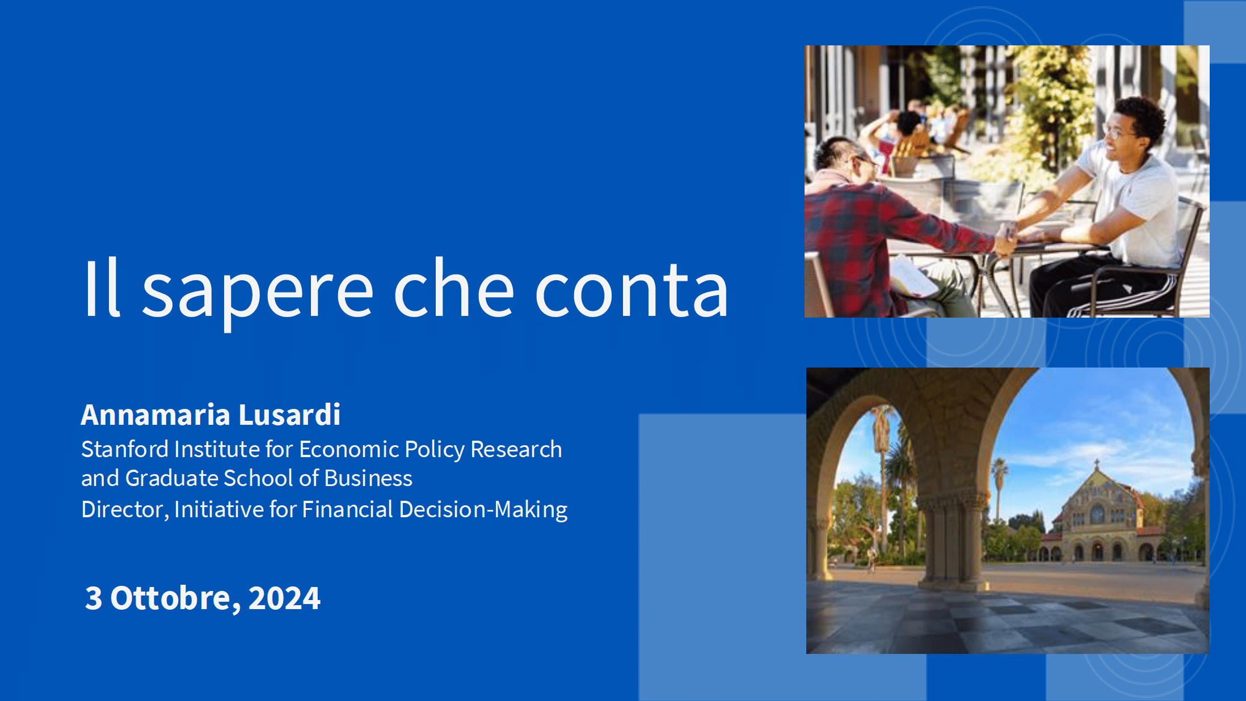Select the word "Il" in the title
click(102, 287)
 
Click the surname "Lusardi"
click(289, 415)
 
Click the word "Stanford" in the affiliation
click(125, 449)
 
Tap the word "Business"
click(368, 478)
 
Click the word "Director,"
click(125, 509)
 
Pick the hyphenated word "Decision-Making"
click(483, 510)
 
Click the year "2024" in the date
click(284, 598)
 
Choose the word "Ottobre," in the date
click(175, 599)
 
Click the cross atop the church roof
click(1097, 464)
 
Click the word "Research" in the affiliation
click(516, 449)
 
